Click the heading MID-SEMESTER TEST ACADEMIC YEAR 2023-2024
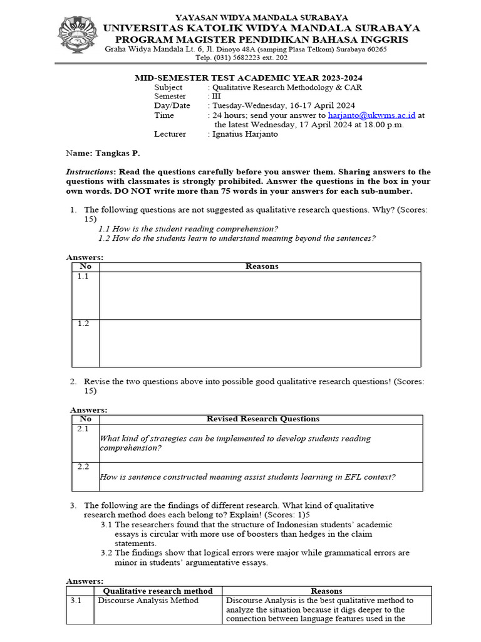[249, 78]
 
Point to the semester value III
[216, 97]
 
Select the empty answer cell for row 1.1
[260, 295]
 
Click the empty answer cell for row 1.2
[260, 342]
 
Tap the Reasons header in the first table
[262, 266]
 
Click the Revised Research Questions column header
[262, 419]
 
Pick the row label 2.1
[84, 429]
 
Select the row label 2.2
[84, 467]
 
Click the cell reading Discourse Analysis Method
[148, 601]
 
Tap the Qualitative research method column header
[157, 591]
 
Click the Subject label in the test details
[168, 87]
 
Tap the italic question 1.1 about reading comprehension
[188, 229]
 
